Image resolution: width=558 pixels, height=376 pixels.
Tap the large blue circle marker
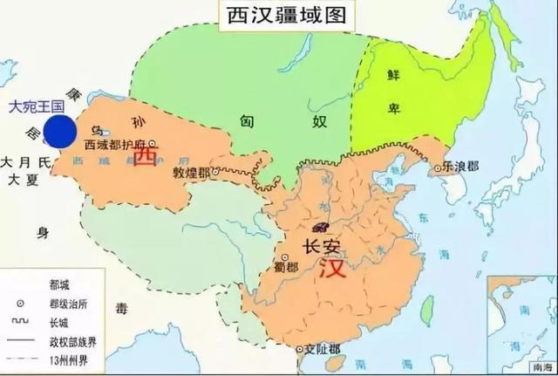pyautogui.click(x=60, y=131)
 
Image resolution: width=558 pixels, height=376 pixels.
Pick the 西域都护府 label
pyautogui.click(x=118, y=143)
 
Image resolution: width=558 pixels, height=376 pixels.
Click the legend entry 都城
pyautogui.click(x=62, y=285)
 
